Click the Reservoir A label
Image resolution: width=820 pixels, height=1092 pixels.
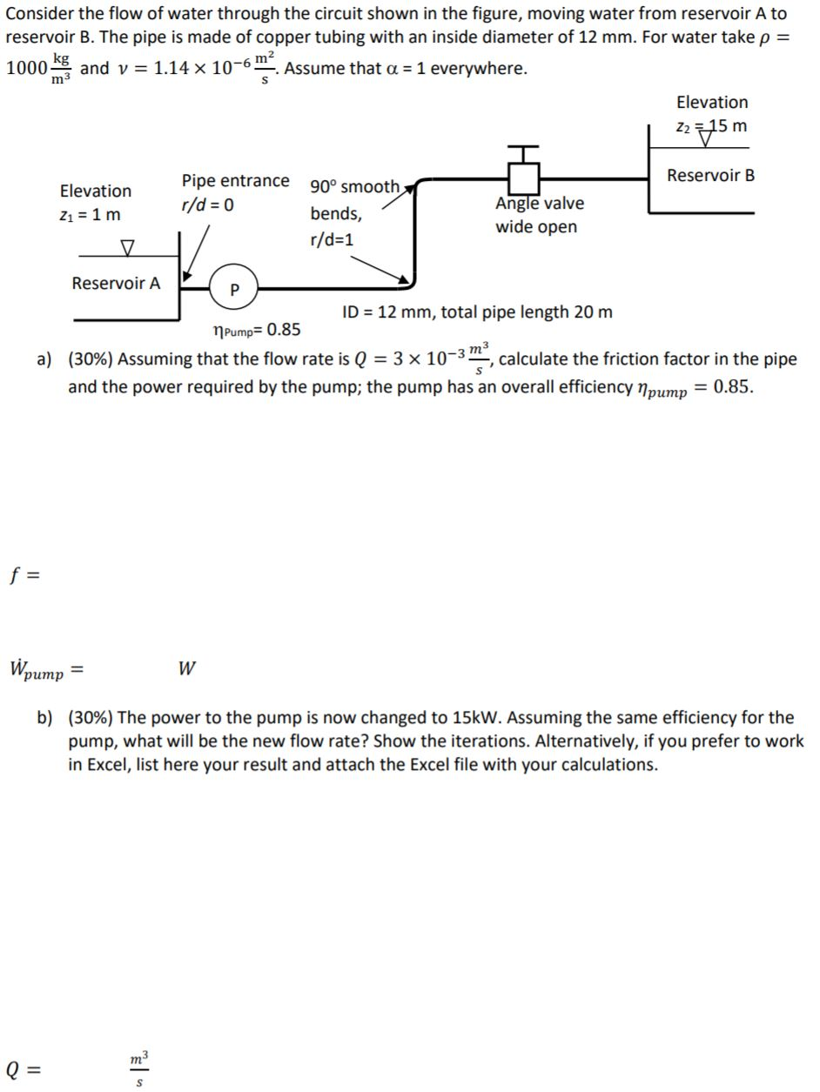(x=116, y=284)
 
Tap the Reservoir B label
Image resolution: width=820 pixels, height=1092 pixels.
(x=710, y=176)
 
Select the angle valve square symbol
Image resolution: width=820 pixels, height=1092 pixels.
(x=525, y=179)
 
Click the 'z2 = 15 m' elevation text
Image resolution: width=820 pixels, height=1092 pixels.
(x=711, y=126)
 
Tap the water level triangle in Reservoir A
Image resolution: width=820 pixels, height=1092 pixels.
(x=128, y=249)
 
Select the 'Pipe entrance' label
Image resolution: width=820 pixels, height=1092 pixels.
(x=235, y=181)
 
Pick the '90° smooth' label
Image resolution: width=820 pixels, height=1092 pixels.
(x=354, y=187)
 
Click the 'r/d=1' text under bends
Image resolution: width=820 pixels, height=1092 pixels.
(x=332, y=239)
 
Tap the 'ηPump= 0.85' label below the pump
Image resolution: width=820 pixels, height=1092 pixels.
(x=257, y=330)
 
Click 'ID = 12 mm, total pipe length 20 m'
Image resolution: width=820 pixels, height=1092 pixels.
(x=477, y=312)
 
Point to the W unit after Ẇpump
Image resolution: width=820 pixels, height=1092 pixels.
(x=185, y=668)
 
